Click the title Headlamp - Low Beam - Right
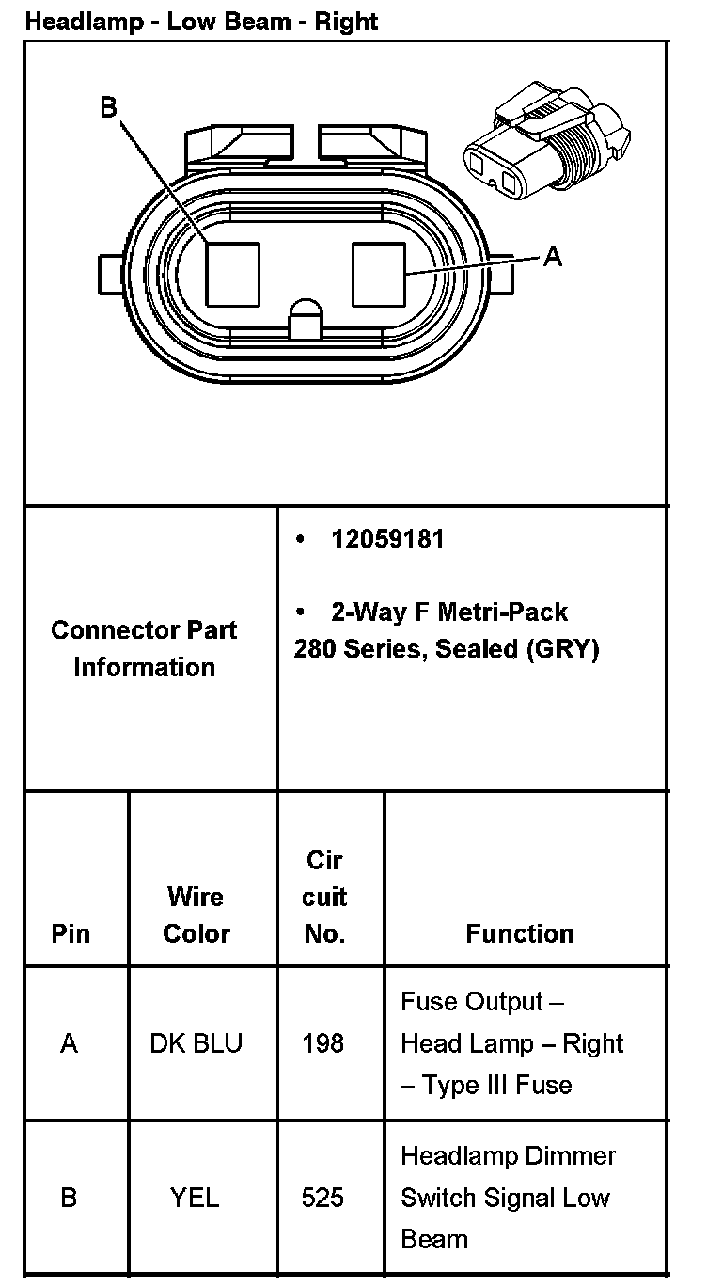click(201, 21)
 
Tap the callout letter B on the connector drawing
click(109, 108)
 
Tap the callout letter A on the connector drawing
click(553, 256)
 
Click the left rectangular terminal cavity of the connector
click(232, 274)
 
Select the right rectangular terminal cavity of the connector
click(378, 274)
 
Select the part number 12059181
click(387, 540)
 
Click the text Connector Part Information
click(144, 648)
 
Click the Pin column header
click(71, 933)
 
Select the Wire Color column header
click(196, 914)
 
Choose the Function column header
click(519, 933)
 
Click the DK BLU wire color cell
click(196, 1043)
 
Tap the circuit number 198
click(323, 1043)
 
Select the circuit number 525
click(323, 1198)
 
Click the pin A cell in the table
click(69, 1043)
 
